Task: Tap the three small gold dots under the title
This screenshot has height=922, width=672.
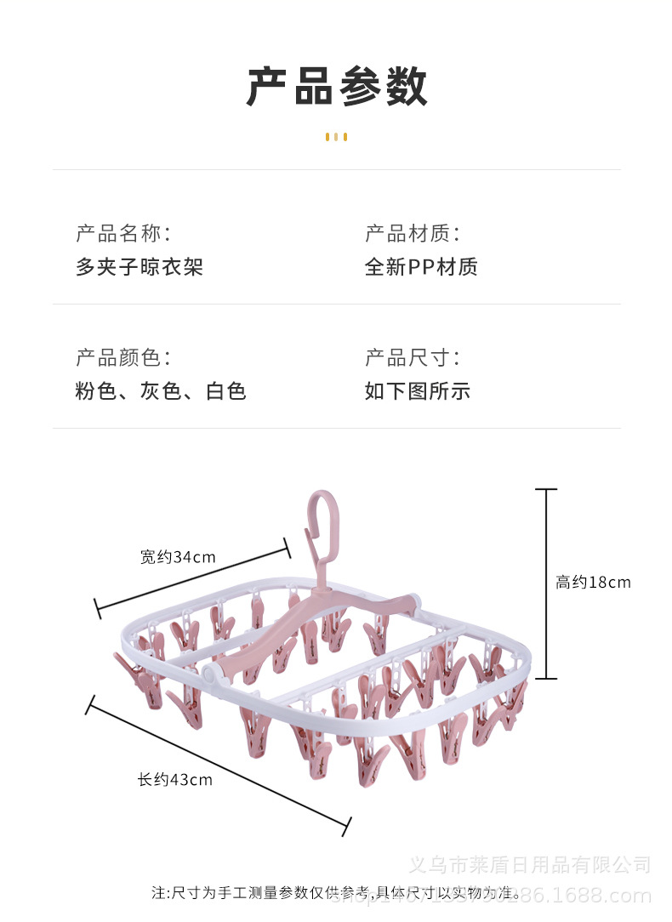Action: pos(336,137)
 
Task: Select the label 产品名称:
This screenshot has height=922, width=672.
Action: pos(123,233)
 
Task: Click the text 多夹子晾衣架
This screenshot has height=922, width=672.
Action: pos(140,267)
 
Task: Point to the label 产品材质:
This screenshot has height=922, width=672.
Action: pos(413,233)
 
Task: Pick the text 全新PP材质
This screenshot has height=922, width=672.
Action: pos(421,267)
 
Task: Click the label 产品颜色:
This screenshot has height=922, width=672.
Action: pos(123,357)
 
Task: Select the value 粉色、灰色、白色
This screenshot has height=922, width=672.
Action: pos(161,391)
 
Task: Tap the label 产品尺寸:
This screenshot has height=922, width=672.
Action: pos(413,357)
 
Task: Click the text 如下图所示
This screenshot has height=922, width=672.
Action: pos(417,391)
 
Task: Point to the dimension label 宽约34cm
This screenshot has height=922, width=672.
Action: pos(178,557)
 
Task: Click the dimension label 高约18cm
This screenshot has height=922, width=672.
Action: pos(593,583)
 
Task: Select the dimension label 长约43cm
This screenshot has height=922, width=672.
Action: pos(175,779)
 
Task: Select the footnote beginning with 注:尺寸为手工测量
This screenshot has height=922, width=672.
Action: pos(336,893)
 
